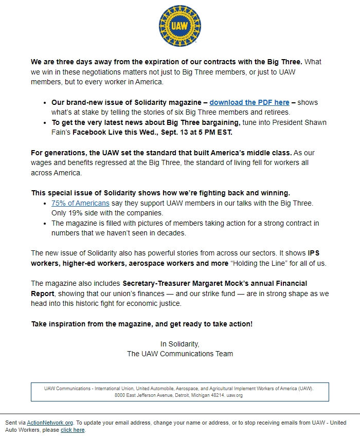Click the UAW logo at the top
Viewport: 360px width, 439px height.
pos(179,26)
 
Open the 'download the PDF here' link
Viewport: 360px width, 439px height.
pos(249,102)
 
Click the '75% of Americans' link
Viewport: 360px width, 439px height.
pos(80,203)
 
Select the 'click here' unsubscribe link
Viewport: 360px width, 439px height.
pos(73,430)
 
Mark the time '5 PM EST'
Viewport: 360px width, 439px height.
pos(218,132)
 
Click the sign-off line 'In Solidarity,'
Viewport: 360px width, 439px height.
pos(179,344)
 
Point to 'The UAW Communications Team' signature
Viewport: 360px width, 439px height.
pos(179,354)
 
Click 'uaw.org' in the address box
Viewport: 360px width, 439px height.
pos(235,395)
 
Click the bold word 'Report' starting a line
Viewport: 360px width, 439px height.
pos(42,294)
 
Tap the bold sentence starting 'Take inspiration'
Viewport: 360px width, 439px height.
pos(141,324)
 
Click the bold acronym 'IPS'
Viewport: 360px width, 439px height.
pos(314,253)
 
